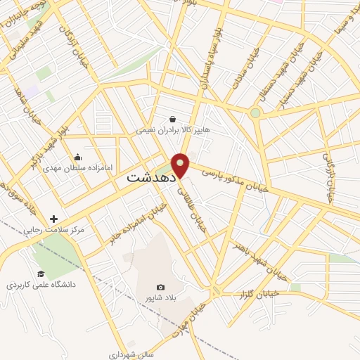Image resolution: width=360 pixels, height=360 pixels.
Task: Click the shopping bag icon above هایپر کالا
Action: tap(173, 119)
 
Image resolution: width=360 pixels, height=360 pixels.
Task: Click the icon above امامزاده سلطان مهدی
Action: tap(77, 157)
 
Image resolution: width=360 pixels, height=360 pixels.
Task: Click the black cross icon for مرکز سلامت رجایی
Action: tap(53, 219)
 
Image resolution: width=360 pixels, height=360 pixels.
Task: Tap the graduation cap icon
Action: tap(41, 274)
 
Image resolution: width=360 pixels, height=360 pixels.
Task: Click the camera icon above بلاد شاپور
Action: tap(160, 288)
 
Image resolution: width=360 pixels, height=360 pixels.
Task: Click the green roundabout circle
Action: tap(256, 112)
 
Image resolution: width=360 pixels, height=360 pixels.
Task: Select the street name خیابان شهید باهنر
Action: tap(259, 258)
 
